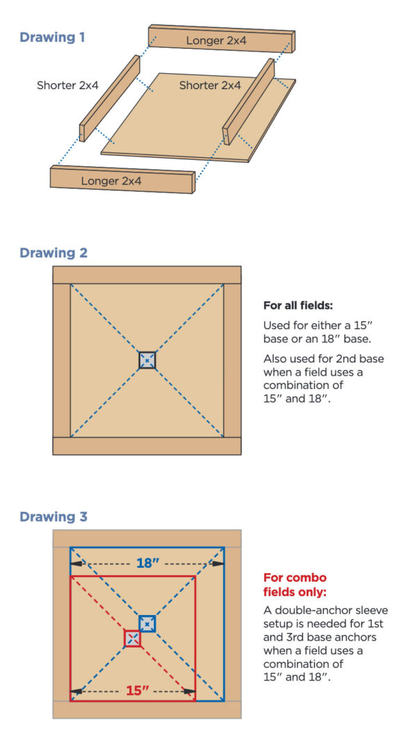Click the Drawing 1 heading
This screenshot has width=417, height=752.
click(52, 37)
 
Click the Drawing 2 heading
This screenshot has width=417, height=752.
click(54, 253)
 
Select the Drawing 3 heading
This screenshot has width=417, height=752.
click(54, 517)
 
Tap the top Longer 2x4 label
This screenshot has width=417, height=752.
click(216, 41)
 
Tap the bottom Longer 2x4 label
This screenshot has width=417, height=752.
click(111, 181)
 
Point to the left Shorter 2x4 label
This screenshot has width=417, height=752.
click(67, 86)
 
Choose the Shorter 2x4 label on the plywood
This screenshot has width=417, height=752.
click(210, 86)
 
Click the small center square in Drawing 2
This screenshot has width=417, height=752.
click(147, 360)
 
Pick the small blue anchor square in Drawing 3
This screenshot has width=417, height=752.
click(147, 623)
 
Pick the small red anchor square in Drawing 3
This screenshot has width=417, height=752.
click(133, 638)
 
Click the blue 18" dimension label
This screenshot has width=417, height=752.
click(147, 563)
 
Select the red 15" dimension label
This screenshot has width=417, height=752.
click(138, 691)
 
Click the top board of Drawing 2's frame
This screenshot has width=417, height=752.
click(147, 275)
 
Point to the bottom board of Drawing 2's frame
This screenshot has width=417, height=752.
click(147, 446)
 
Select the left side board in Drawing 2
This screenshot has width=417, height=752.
click(61, 360)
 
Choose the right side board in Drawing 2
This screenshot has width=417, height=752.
click(232, 360)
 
